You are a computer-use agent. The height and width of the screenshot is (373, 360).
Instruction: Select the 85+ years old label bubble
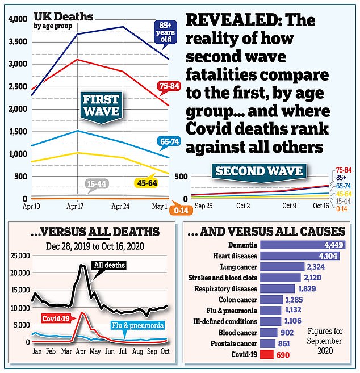pos(166,32)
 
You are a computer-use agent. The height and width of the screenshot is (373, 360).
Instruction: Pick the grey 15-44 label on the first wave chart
pos(98,183)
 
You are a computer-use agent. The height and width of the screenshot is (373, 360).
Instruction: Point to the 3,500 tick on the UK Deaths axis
pos(17,41)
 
